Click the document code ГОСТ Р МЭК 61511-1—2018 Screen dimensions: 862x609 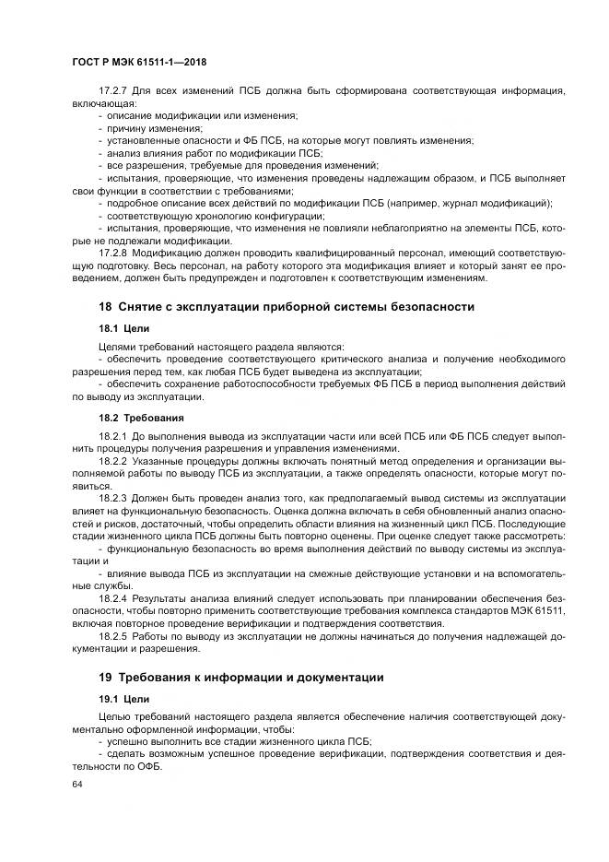click(x=138, y=63)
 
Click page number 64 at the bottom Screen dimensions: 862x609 click(x=77, y=784)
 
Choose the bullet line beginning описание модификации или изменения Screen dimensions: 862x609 click(x=202, y=117)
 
